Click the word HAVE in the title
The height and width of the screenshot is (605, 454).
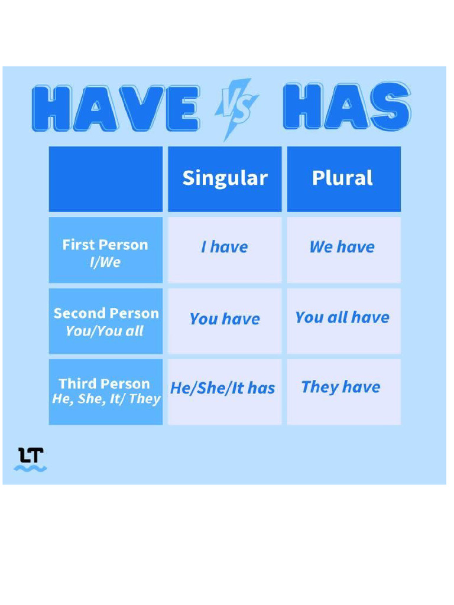point(115,108)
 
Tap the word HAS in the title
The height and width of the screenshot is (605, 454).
point(346,107)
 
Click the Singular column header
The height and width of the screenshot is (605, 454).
point(225,178)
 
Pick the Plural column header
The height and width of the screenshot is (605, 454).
point(343,178)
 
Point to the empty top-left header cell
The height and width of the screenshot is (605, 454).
point(105,178)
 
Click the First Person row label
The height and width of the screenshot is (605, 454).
point(105,245)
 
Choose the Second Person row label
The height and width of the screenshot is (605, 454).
point(106,313)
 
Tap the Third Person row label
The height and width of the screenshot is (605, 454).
point(105,384)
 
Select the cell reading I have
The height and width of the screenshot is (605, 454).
point(225,247)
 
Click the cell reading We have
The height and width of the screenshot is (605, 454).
point(342,247)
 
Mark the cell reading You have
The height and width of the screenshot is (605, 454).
point(225,319)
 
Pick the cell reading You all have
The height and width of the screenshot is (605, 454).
point(342,317)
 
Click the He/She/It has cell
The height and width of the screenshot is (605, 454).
point(223,388)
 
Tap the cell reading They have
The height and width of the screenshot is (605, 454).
point(341,387)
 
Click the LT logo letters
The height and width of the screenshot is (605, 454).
point(31,455)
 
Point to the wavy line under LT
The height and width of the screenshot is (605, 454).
point(31,469)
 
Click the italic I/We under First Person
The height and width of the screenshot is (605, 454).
point(105,262)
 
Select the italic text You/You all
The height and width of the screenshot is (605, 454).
point(105,331)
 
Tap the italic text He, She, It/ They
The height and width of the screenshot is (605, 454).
point(106,399)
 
